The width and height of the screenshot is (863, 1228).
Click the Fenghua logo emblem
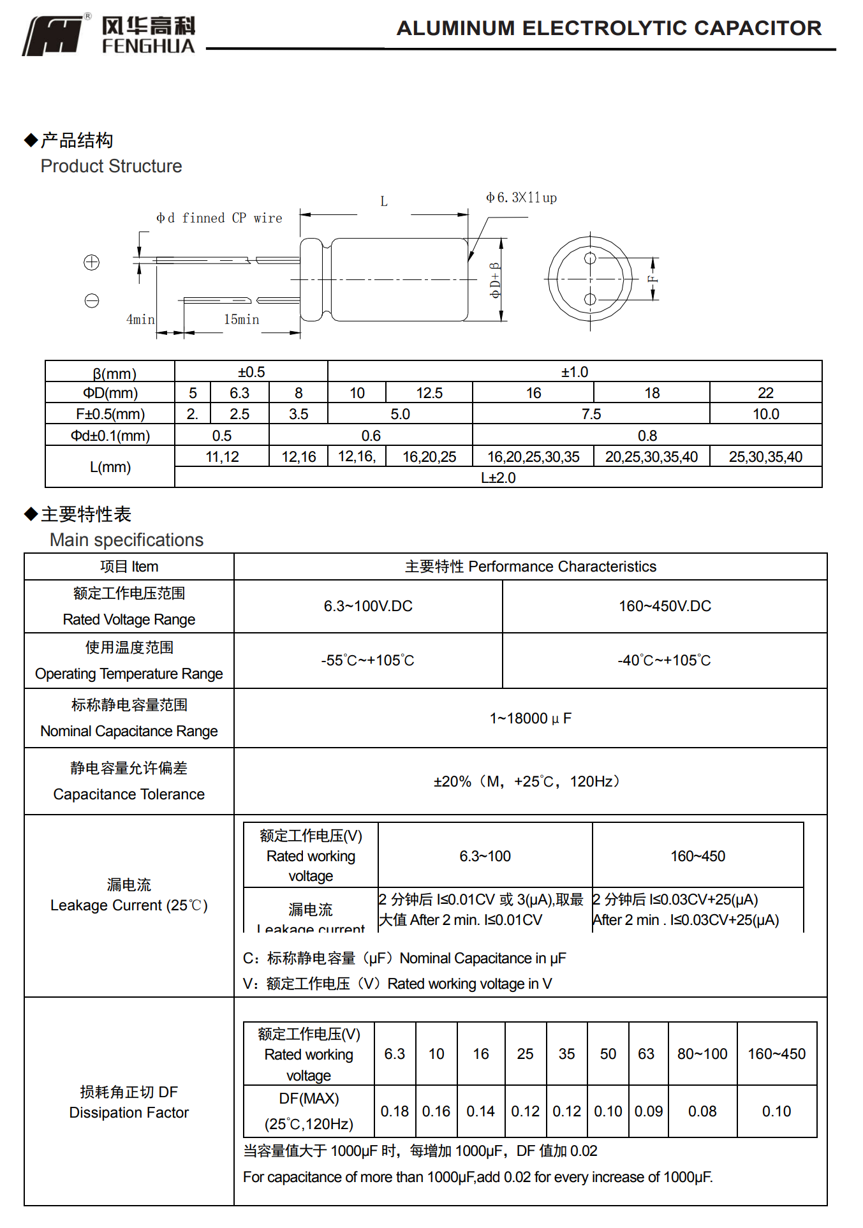[54, 36]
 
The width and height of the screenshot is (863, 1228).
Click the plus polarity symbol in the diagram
[92, 262]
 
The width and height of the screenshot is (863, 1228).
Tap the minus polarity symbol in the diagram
[92, 300]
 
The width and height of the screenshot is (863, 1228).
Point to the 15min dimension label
[241, 320]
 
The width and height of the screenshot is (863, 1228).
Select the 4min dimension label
[140, 320]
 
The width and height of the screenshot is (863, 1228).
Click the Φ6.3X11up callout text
[521, 198]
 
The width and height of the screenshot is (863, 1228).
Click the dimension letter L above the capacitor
[384, 202]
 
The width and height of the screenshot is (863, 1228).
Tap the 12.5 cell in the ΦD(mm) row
[429, 393]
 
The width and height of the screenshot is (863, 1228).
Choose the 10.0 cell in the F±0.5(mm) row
[765, 414]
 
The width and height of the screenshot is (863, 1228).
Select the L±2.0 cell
[498, 478]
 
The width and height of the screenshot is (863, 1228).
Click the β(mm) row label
[114, 373]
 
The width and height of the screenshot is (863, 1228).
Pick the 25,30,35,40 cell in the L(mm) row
[765, 457]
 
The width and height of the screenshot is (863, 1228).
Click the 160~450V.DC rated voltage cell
[665, 606]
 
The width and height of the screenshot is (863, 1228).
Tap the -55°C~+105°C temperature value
[368, 660]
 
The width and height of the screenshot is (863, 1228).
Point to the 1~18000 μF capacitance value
[530, 718]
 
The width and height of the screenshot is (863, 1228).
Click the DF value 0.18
[394, 1111]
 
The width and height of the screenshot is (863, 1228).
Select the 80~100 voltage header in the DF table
[702, 1054]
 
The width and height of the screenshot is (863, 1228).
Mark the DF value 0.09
[648, 1111]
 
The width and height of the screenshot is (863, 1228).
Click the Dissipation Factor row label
[129, 1113]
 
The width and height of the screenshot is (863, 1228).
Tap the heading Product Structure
[112, 166]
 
